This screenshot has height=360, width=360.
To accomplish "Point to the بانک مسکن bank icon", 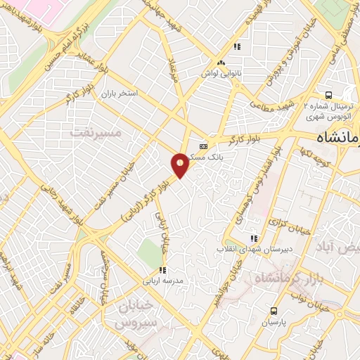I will pos(204,146).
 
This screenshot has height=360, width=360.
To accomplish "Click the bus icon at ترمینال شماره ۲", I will pos(328,96).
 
